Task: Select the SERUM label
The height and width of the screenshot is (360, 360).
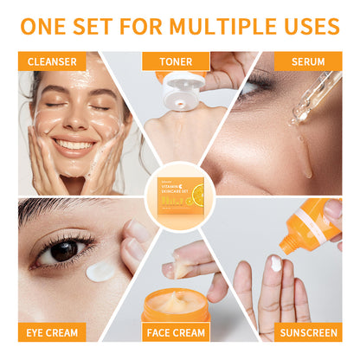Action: click(x=308, y=61)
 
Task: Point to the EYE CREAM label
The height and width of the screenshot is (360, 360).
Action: click(x=52, y=332)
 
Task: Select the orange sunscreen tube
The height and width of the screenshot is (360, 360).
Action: click(x=311, y=229)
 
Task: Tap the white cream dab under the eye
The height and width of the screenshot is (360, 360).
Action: click(x=101, y=271)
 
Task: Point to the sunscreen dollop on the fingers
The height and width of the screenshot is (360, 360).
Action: click(x=276, y=264)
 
